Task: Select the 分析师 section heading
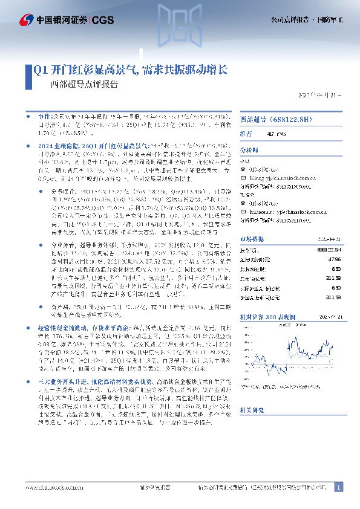(249, 149)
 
